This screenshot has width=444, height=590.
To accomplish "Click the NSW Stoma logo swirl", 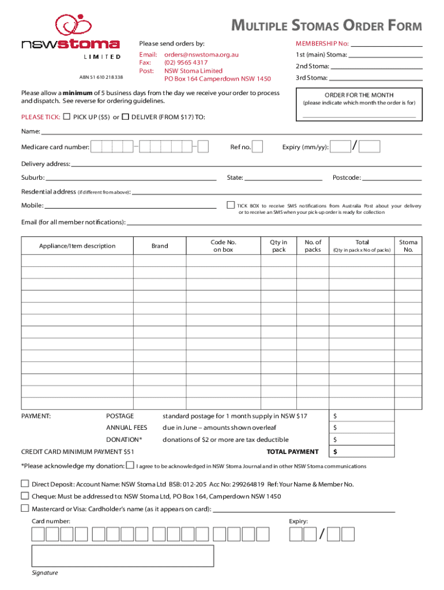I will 73,25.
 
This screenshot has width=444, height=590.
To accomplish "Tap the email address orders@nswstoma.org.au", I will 201,54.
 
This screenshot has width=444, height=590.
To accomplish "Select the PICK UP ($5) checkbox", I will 67,117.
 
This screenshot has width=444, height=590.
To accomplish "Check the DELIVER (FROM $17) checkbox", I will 126,117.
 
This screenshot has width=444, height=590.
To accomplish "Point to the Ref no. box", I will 258,147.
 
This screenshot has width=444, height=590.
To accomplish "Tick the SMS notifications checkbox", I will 231,205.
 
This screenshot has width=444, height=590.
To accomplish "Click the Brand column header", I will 160,246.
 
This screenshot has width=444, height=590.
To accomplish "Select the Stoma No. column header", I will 408,246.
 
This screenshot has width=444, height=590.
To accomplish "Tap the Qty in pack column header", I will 279,246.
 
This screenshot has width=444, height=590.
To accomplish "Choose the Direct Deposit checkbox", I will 25,483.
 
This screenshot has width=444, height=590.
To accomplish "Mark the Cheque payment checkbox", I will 25,496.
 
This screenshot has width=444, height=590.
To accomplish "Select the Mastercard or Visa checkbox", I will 25,508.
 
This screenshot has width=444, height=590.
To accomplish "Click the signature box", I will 123,556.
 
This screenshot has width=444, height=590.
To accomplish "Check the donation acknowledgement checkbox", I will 130,465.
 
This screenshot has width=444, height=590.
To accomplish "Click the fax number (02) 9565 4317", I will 186,62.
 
